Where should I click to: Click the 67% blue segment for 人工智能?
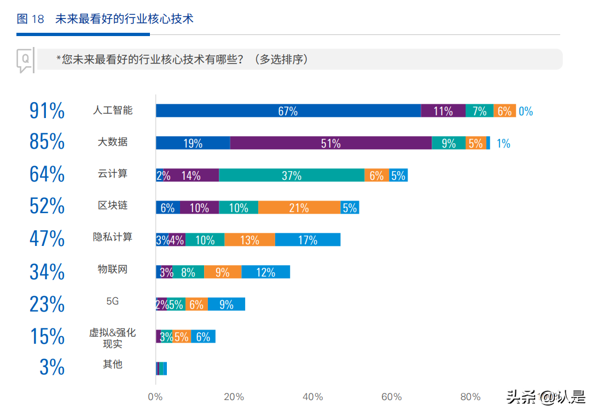[x=288, y=111]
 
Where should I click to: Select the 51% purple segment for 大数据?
[x=330, y=143]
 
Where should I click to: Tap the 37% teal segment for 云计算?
[x=292, y=175]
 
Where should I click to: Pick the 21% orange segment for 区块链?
[x=299, y=208]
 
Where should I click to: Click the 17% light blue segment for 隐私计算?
[x=307, y=240]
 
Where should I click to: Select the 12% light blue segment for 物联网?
[x=265, y=272]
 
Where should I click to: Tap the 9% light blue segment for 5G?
[x=226, y=304]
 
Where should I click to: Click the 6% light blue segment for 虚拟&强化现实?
[x=203, y=337]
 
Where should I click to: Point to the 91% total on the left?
[x=47, y=111]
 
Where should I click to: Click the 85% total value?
[x=47, y=142]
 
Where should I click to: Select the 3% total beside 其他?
[x=52, y=367]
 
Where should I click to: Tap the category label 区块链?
[x=113, y=205]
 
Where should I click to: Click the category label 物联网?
[x=113, y=269]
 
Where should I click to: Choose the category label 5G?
[x=113, y=301]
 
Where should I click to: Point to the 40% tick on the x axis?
[x=312, y=397]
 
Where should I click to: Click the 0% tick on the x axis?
[x=155, y=397]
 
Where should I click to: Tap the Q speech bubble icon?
[x=25, y=60]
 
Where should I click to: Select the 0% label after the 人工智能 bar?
[x=526, y=111]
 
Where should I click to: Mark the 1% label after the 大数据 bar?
[x=503, y=144]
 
